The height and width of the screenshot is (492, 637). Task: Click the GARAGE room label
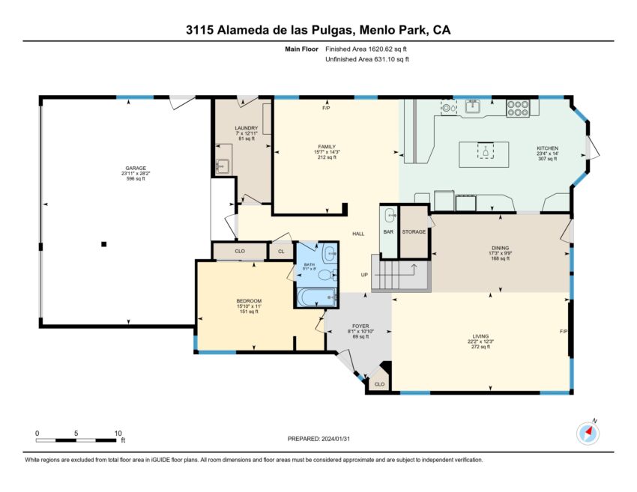(136, 168)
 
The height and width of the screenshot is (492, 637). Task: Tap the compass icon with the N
(588, 433)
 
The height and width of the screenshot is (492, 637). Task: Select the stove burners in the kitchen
(518, 109)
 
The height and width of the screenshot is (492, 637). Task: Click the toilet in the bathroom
(327, 275)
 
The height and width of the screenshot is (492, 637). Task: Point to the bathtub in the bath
(316, 297)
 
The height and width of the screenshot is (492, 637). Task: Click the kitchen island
(484, 154)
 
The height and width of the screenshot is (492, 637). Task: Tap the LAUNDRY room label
(247, 128)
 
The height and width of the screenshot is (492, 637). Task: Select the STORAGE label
(414, 232)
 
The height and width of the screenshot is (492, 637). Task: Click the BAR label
(388, 232)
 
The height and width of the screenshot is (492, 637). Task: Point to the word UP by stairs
(364, 275)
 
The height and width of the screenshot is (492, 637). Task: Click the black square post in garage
(104, 244)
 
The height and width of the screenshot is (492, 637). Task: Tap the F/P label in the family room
(326, 109)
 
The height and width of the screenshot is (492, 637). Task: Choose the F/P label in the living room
(564, 332)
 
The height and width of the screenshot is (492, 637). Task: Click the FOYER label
(360, 326)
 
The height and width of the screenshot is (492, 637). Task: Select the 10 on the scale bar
(118, 433)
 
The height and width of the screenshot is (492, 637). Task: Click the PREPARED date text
(319, 439)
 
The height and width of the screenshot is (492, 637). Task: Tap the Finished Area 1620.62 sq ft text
(366, 49)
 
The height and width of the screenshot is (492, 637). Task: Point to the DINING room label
(500, 248)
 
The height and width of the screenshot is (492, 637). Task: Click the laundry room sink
(223, 165)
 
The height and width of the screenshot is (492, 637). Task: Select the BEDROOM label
(249, 301)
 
